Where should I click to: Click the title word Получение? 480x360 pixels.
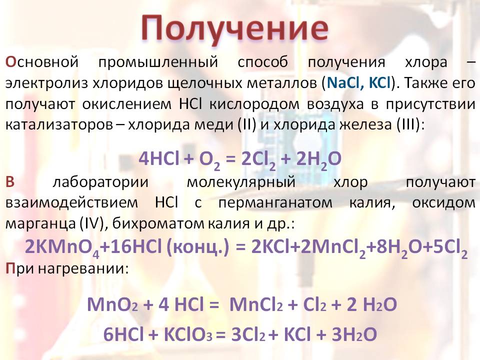coord(235,29)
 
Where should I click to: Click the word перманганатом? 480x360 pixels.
coord(275,203)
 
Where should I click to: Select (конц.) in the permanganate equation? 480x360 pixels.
coord(197,247)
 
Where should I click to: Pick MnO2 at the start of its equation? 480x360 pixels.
coord(112,304)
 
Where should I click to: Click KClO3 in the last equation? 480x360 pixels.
coord(188,334)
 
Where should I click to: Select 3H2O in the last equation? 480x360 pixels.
coord(354,334)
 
